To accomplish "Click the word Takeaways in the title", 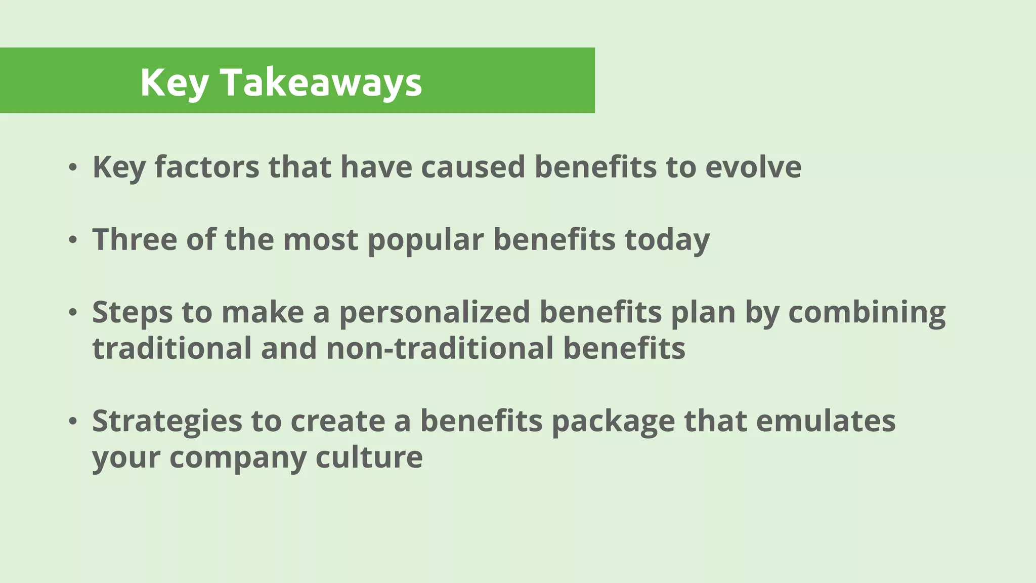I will click(321, 82).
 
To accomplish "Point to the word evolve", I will click(753, 166).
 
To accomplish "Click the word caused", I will click(473, 166).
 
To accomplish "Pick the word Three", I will click(135, 239).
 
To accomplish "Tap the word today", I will click(667, 239).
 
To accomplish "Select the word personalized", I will click(435, 312).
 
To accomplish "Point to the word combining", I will click(867, 312).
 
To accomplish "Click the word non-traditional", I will click(440, 348).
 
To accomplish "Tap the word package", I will click(613, 421).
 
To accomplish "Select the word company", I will click(238, 457).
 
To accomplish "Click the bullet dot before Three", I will click(73, 240).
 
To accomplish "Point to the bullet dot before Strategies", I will click(73, 422).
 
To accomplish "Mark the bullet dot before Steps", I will click(73, 313).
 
